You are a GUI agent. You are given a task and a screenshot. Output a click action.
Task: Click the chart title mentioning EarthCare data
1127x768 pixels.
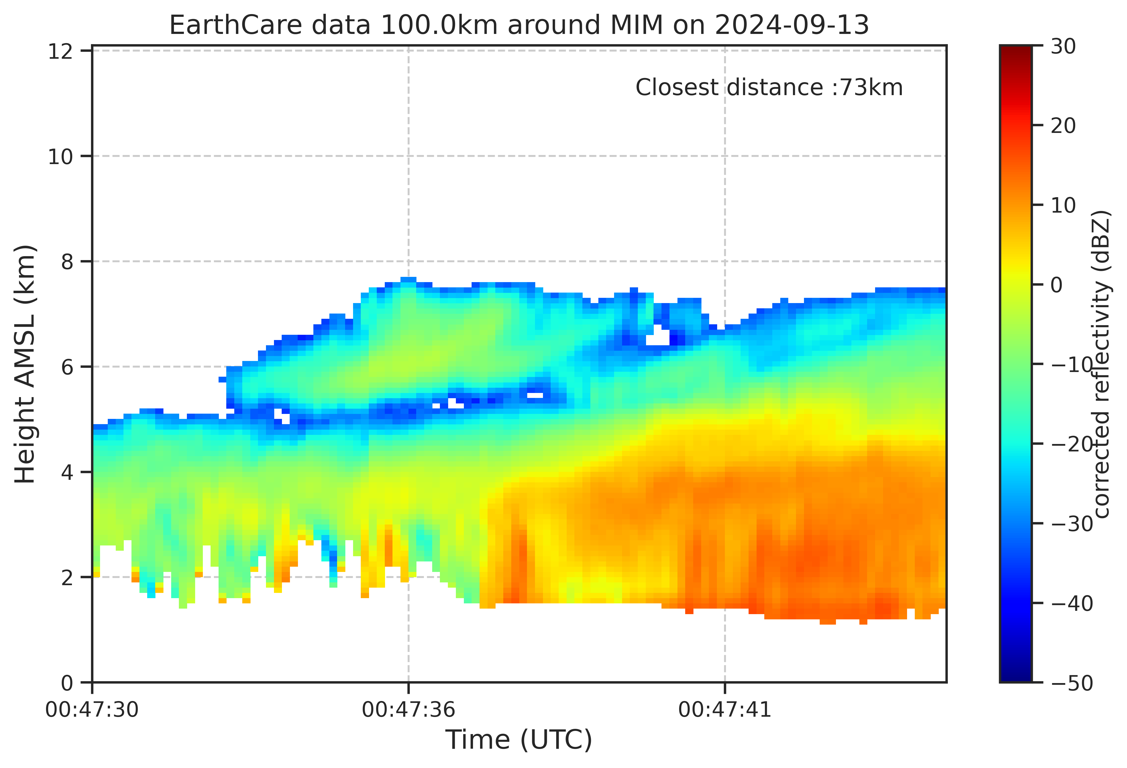click(x=519, y=25)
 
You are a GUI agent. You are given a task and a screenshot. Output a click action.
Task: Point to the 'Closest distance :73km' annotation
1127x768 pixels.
click(x=769, y=88)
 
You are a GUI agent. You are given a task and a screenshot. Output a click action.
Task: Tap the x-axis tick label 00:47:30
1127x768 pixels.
click(x=92, y=710)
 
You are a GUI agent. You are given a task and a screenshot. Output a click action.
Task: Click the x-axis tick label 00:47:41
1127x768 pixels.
click(x=725, y=710)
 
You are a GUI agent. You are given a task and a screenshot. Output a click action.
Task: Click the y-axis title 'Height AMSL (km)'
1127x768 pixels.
click(x=25, y=364)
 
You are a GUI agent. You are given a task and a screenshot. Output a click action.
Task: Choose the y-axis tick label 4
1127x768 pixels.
click(x=67, y=472)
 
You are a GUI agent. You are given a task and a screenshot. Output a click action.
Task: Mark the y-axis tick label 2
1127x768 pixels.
click(x=67, y=577)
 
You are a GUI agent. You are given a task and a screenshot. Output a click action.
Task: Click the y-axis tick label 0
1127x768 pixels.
click(x=67, y=683)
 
